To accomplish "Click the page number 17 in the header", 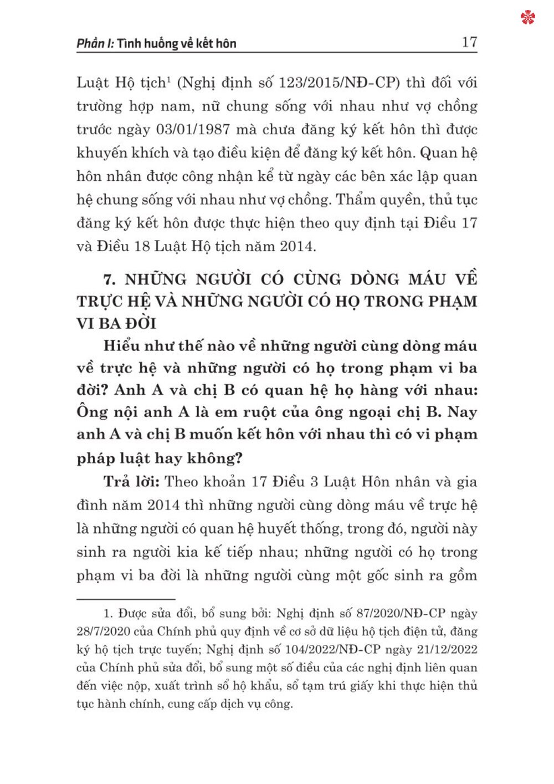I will click(469, 42).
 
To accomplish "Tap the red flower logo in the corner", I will click(528, 18).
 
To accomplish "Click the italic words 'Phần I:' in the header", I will click(95, 43).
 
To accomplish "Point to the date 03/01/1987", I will click(193, 129).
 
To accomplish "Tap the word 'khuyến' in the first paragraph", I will click(102, 153).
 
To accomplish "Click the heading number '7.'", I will click(110, 279).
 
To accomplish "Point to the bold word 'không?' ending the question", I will click(213, 459).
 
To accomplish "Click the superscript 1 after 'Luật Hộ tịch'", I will click(169, 79).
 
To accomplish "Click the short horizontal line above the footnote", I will click(126, 599).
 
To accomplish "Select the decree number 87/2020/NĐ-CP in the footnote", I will click(401, 614).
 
